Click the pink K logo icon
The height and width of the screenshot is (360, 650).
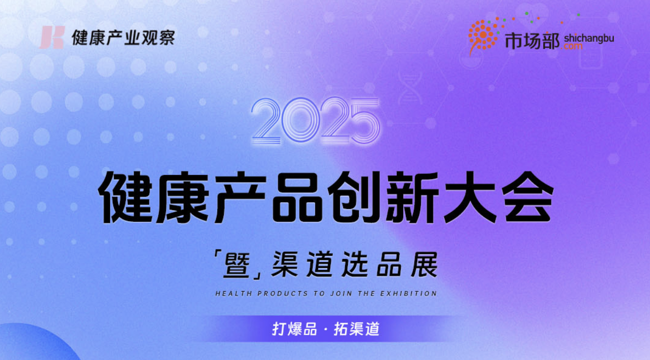tap(52, 37)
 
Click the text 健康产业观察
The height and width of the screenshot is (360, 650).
tap(124, 38)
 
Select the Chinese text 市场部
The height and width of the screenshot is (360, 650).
tap(532, 40)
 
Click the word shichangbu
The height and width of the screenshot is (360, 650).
tap(589, 38)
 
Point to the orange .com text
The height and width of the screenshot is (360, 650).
tap(572, 46)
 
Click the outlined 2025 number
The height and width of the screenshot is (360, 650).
tap(316, 121)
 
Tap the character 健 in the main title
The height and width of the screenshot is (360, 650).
tap(125, 197)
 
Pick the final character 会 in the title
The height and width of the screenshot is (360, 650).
tap(526, 197)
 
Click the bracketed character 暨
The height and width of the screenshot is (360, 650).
tap(237, 264)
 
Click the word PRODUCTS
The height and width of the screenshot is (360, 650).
tap(283, 293)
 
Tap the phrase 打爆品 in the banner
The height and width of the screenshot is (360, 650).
tap(294, 329)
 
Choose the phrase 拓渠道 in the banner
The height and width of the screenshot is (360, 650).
tap(357, 329)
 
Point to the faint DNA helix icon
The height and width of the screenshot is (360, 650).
tap(410, 87)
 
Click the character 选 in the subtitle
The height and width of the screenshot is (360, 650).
tap(354, 264)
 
